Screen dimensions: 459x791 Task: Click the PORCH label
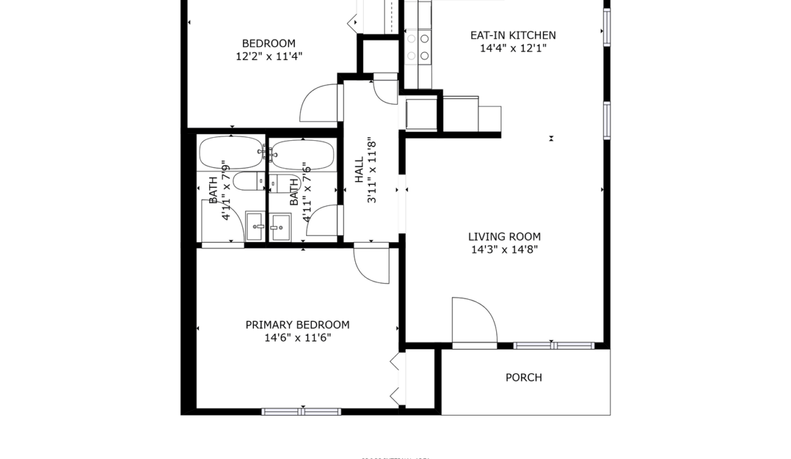524,377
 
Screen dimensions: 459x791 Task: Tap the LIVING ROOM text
504,237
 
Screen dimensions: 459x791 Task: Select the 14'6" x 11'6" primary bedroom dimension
297,338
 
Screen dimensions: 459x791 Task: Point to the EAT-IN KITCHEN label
513,35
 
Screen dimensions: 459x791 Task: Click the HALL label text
359,170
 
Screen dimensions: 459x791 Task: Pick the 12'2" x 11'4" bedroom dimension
269,56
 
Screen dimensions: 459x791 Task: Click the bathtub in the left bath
230,152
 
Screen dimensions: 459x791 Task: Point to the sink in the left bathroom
255,227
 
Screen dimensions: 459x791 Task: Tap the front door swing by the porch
473,321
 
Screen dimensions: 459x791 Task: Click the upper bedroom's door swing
320,103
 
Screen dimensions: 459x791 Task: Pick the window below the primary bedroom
302,412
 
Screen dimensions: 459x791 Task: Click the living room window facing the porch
554,346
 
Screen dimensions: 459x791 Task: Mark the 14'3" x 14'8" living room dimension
504,250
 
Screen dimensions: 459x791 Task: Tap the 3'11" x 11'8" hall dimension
372,170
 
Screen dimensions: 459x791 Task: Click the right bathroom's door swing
323,220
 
